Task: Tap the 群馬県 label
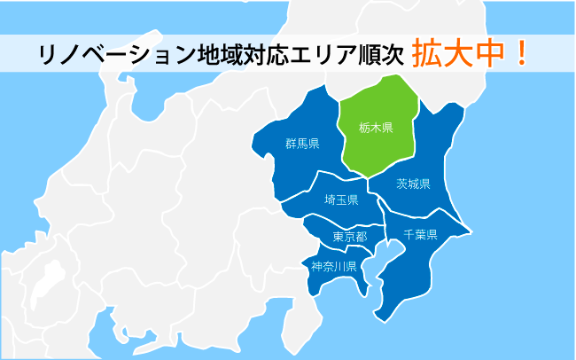[302, 144]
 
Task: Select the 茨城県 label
[413, 184]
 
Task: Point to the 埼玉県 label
[341, 200]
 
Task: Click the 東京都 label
[349, 237]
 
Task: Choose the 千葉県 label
[420, 235]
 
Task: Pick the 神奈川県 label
[333, 266]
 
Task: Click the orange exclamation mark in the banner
[523, 52]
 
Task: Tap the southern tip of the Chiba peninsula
[379, 317]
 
